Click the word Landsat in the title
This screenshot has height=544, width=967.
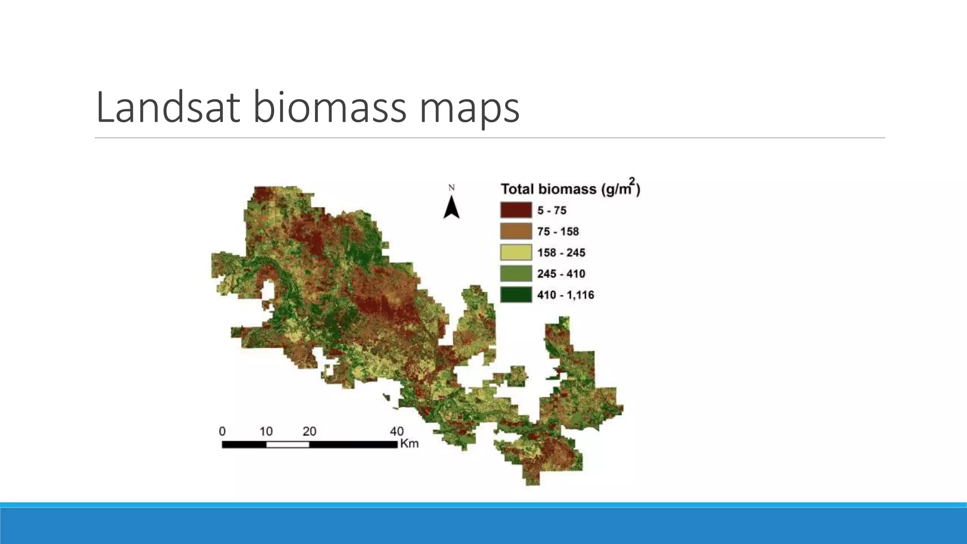click(168, 108)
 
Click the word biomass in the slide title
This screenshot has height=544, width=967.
click(329, 108)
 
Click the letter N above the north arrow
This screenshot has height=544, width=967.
click(451, 188)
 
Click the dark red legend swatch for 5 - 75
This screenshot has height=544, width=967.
click(516, 210)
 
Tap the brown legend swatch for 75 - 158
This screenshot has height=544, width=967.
click(516, 231)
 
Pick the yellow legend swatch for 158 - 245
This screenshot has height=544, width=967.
click(516, 253)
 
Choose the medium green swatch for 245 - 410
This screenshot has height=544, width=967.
click(516, 274)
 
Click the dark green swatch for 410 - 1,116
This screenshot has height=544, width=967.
click(516, 295)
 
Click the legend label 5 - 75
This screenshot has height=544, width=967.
click(551, 211)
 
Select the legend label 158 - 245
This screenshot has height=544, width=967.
click(561, 253)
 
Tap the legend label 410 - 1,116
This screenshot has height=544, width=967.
click(565, 295)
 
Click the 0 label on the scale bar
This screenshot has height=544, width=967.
click(222, 431)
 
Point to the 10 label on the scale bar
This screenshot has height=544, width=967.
click(266, 431)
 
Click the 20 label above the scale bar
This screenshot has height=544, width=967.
click(309, 431)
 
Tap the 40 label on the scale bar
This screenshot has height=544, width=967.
click(397, 431)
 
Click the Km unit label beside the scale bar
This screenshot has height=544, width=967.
click(409, 444)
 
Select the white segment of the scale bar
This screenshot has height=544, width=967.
click(288, 444)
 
